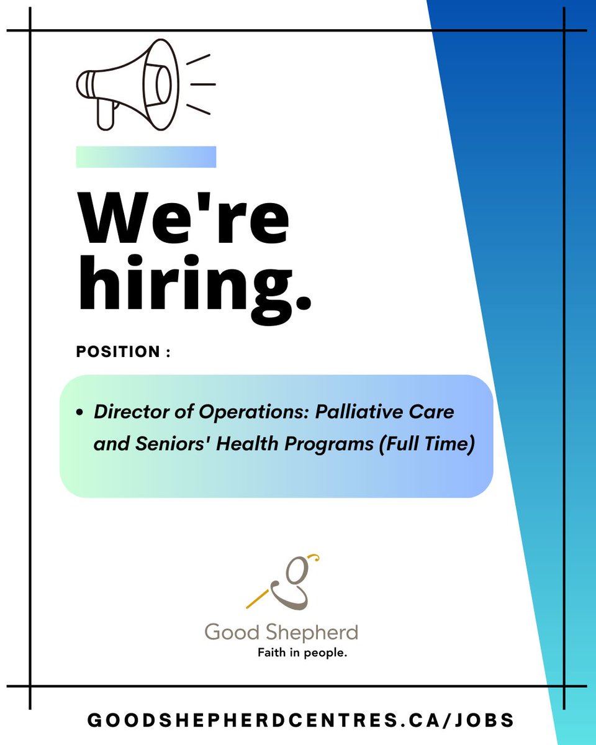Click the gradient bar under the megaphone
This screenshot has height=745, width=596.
(146, 157)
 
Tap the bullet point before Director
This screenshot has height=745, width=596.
(80, 413)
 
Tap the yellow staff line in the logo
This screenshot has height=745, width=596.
(260, 597)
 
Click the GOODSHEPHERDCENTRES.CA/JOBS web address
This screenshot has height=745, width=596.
(301, 720)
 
